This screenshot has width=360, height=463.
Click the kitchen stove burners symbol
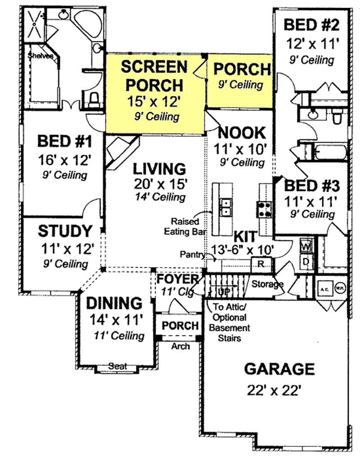pos(263,209)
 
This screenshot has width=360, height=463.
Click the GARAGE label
pos(279,369)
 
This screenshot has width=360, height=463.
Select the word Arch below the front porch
pos(180,346)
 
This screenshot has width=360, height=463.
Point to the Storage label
pos(267,284)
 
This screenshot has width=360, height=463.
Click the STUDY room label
pos(65,231)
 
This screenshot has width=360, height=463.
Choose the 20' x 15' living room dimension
pos(160,183)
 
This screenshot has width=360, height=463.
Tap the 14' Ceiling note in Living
pos(160,197)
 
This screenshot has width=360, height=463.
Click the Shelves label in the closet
pos(40,56)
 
